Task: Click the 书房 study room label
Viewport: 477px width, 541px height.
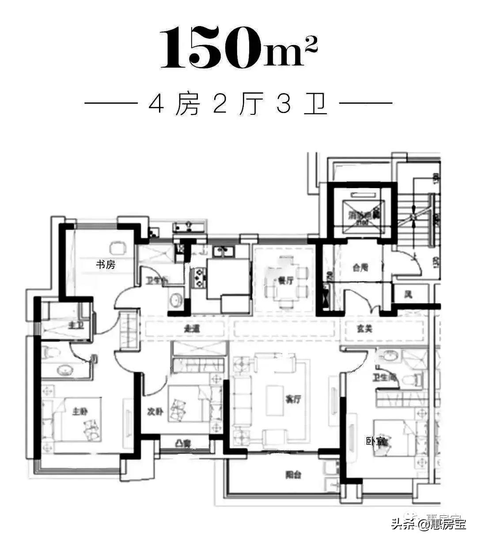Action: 106,265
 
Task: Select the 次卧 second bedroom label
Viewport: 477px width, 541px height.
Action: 155,411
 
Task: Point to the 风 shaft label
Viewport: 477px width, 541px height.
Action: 408,294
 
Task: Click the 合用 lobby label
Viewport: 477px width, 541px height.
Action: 360,267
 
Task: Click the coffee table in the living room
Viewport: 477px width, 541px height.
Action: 274,400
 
